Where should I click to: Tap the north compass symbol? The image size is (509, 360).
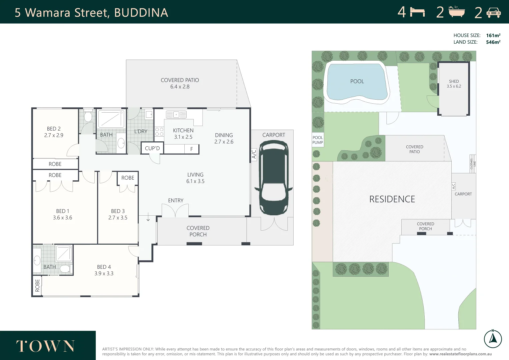[x=493, y=339]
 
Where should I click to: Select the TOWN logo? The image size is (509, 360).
[x=45, y=346]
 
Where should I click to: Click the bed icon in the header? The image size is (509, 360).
[x=417, y=12]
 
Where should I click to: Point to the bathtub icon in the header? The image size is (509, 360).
[x=456, y=12]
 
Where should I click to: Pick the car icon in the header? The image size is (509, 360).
[x=493, y=13]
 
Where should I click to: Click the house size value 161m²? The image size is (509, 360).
[x=493, y=35]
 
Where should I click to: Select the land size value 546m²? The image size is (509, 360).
[x=493, y=42]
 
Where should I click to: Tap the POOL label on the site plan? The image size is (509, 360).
[x=357, y=81]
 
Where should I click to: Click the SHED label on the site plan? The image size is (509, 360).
[x=454, y=81]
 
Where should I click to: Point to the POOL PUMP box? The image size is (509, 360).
[x=318, y=140]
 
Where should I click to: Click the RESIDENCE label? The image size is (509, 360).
[x=392, y=199]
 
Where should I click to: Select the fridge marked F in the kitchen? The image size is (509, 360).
[x=192, y=149]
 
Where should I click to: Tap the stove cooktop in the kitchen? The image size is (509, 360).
[x=159, y=132]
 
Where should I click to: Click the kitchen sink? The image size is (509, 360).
[x=176, y=115]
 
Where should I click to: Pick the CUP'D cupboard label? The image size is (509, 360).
[x=152, y=148]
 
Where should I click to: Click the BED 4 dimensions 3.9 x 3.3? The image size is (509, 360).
[x=104, y=274]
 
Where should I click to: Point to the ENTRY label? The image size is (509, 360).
[x=176, y=200]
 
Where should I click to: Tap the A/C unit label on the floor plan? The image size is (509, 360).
[x=254, y=154]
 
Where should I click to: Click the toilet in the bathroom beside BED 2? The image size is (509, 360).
[x=88, y=117]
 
